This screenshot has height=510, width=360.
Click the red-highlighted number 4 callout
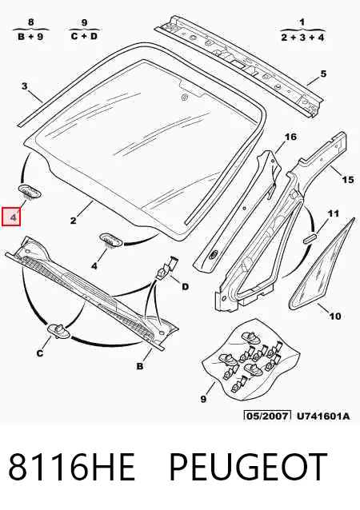[11, 217]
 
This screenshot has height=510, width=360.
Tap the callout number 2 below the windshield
[74, 221]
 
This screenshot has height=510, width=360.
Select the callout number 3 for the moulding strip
[25, 86]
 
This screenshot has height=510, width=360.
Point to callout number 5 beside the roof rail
[323, 74]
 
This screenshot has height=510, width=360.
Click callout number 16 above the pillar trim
[290, 137]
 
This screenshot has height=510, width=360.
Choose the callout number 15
[347, 180]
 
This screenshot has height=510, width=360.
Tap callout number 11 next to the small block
[333, 213]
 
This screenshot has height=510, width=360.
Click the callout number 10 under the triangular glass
[335, 316]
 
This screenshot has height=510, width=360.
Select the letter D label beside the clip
[185, 286]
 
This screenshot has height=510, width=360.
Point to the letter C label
[40, 353]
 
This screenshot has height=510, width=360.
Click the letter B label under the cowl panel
[140, 366]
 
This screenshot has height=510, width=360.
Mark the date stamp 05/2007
[267, 416]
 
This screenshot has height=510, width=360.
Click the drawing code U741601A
[323, 416]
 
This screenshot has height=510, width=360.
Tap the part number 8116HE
[71, 466]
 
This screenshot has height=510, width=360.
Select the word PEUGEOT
[248, 466]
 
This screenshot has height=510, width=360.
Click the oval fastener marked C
[59, 330]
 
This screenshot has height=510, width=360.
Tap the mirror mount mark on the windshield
[184, 97]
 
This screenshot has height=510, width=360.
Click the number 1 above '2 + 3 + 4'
[302, 22]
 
